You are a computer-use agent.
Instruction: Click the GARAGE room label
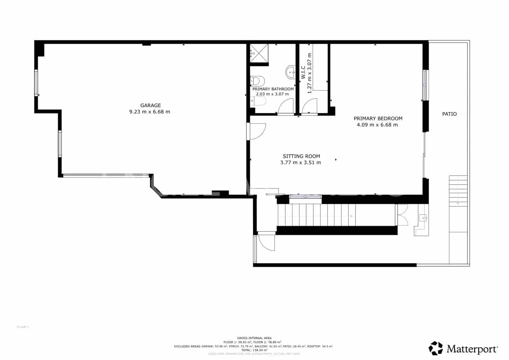(150, 105)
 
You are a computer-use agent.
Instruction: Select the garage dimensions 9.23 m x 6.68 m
(150, 112)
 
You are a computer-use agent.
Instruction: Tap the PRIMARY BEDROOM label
(378, 118)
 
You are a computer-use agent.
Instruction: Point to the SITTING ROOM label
(301, 156)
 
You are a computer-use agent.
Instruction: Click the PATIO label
(449, 114)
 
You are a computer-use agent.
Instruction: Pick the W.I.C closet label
(303, 73)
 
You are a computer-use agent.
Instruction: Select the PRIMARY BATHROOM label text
(273, 89)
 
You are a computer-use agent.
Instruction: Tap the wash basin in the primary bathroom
(291, 72)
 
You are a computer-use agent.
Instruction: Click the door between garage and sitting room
(256, 131)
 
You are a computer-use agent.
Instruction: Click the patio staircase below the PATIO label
(458, 191)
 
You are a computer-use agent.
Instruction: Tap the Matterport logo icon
(436, 348)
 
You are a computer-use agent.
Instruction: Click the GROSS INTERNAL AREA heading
(254, 338)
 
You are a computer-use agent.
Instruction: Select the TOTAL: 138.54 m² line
(254, 350)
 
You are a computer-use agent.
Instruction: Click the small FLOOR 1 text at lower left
(23, 327)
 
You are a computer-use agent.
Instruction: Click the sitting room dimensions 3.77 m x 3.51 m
(300, 163)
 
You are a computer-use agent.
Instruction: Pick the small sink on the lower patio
(423, 218)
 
